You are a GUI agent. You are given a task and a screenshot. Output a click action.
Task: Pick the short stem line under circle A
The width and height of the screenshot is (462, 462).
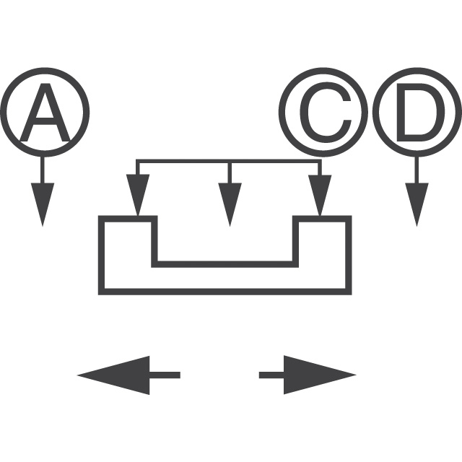(x=43, y=169)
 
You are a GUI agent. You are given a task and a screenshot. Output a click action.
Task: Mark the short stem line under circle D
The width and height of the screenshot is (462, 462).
(x=417, y=169)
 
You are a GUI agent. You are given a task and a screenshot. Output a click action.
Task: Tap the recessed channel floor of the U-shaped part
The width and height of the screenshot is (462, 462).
(x=225, y=264)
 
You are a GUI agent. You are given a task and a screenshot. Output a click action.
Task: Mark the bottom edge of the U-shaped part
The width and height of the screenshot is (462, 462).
(x=225, y=292)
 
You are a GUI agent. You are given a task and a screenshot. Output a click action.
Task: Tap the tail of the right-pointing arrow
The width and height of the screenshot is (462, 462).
(x=271, y=375)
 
